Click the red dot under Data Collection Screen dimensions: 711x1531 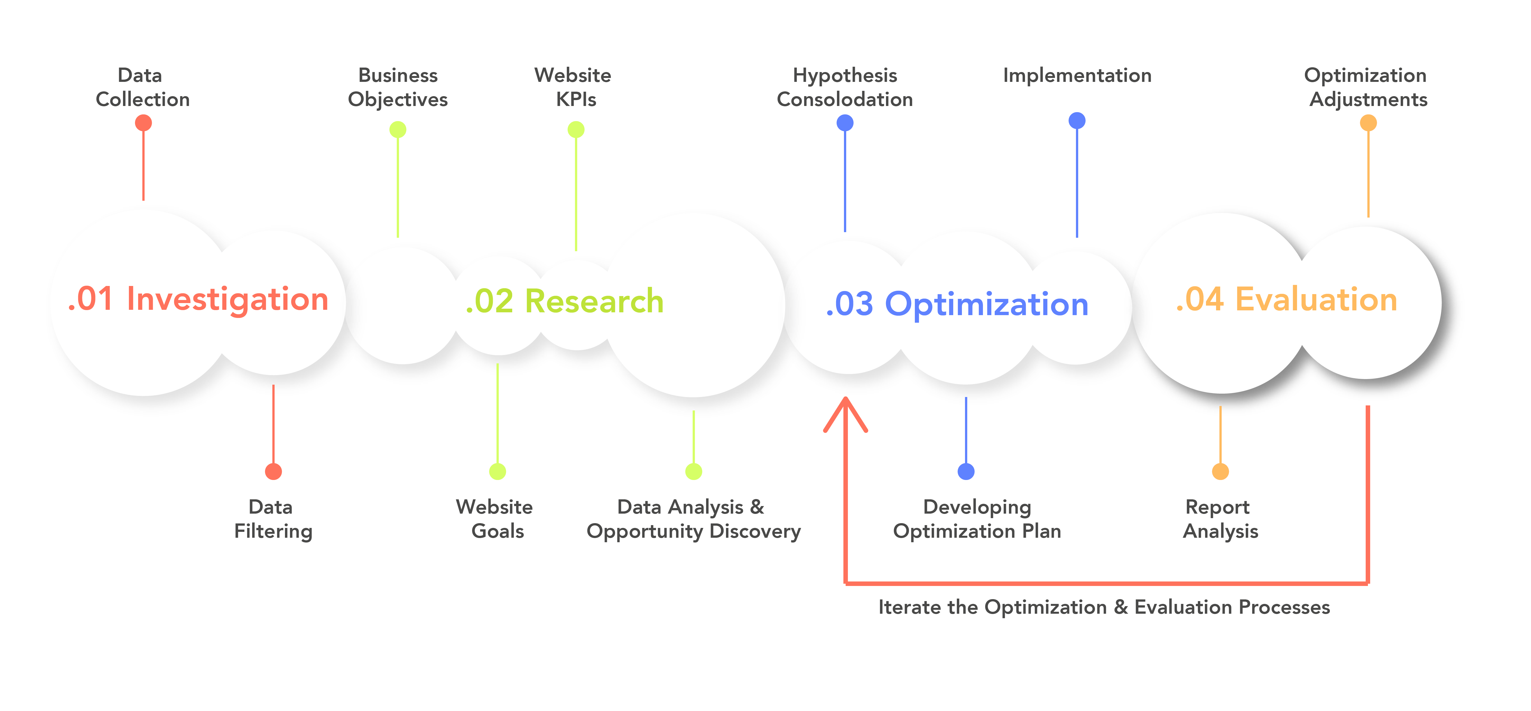click(143, 123)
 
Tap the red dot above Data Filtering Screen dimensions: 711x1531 click(273, 471)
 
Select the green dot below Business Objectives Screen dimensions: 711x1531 click(398, 130)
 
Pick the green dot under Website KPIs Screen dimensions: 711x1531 click(576, 130)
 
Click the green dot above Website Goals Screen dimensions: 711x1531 click(497, 471)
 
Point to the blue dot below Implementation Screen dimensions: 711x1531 click(1077, 121)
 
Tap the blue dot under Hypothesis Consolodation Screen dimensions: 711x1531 click(845, 123)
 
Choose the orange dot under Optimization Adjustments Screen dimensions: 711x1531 click(1368, 123)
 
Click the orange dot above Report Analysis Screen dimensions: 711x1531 click(1220, 471)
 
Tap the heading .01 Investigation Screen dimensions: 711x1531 click(198, 299)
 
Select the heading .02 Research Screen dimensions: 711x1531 click(565, 301)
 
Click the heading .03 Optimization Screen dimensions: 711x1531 click(957, 304)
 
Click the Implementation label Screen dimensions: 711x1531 click(1077, 75)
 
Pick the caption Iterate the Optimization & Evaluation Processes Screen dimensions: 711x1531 click(1104, 607)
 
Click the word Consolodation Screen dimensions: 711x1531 click(845, 99)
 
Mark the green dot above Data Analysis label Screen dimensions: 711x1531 click(693, 471)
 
